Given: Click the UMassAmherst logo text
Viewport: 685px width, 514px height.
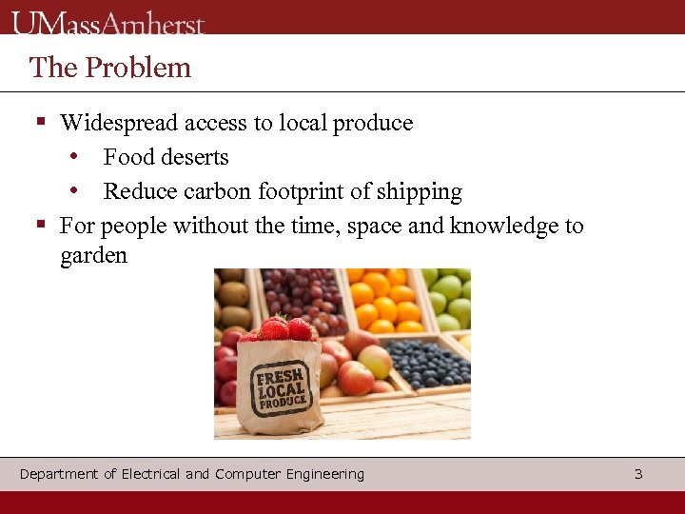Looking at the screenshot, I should pos(108,21).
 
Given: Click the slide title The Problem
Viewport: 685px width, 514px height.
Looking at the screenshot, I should pos(110,68).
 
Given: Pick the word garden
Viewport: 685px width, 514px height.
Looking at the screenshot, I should pos(93,256).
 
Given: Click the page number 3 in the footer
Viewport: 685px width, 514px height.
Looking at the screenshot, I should pos(638,474).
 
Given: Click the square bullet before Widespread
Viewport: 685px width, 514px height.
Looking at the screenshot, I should pos(41,123).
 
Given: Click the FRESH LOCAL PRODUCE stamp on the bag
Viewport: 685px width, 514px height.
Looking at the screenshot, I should pos(280,386).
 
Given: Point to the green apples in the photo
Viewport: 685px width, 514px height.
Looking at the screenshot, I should pos(449,295).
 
